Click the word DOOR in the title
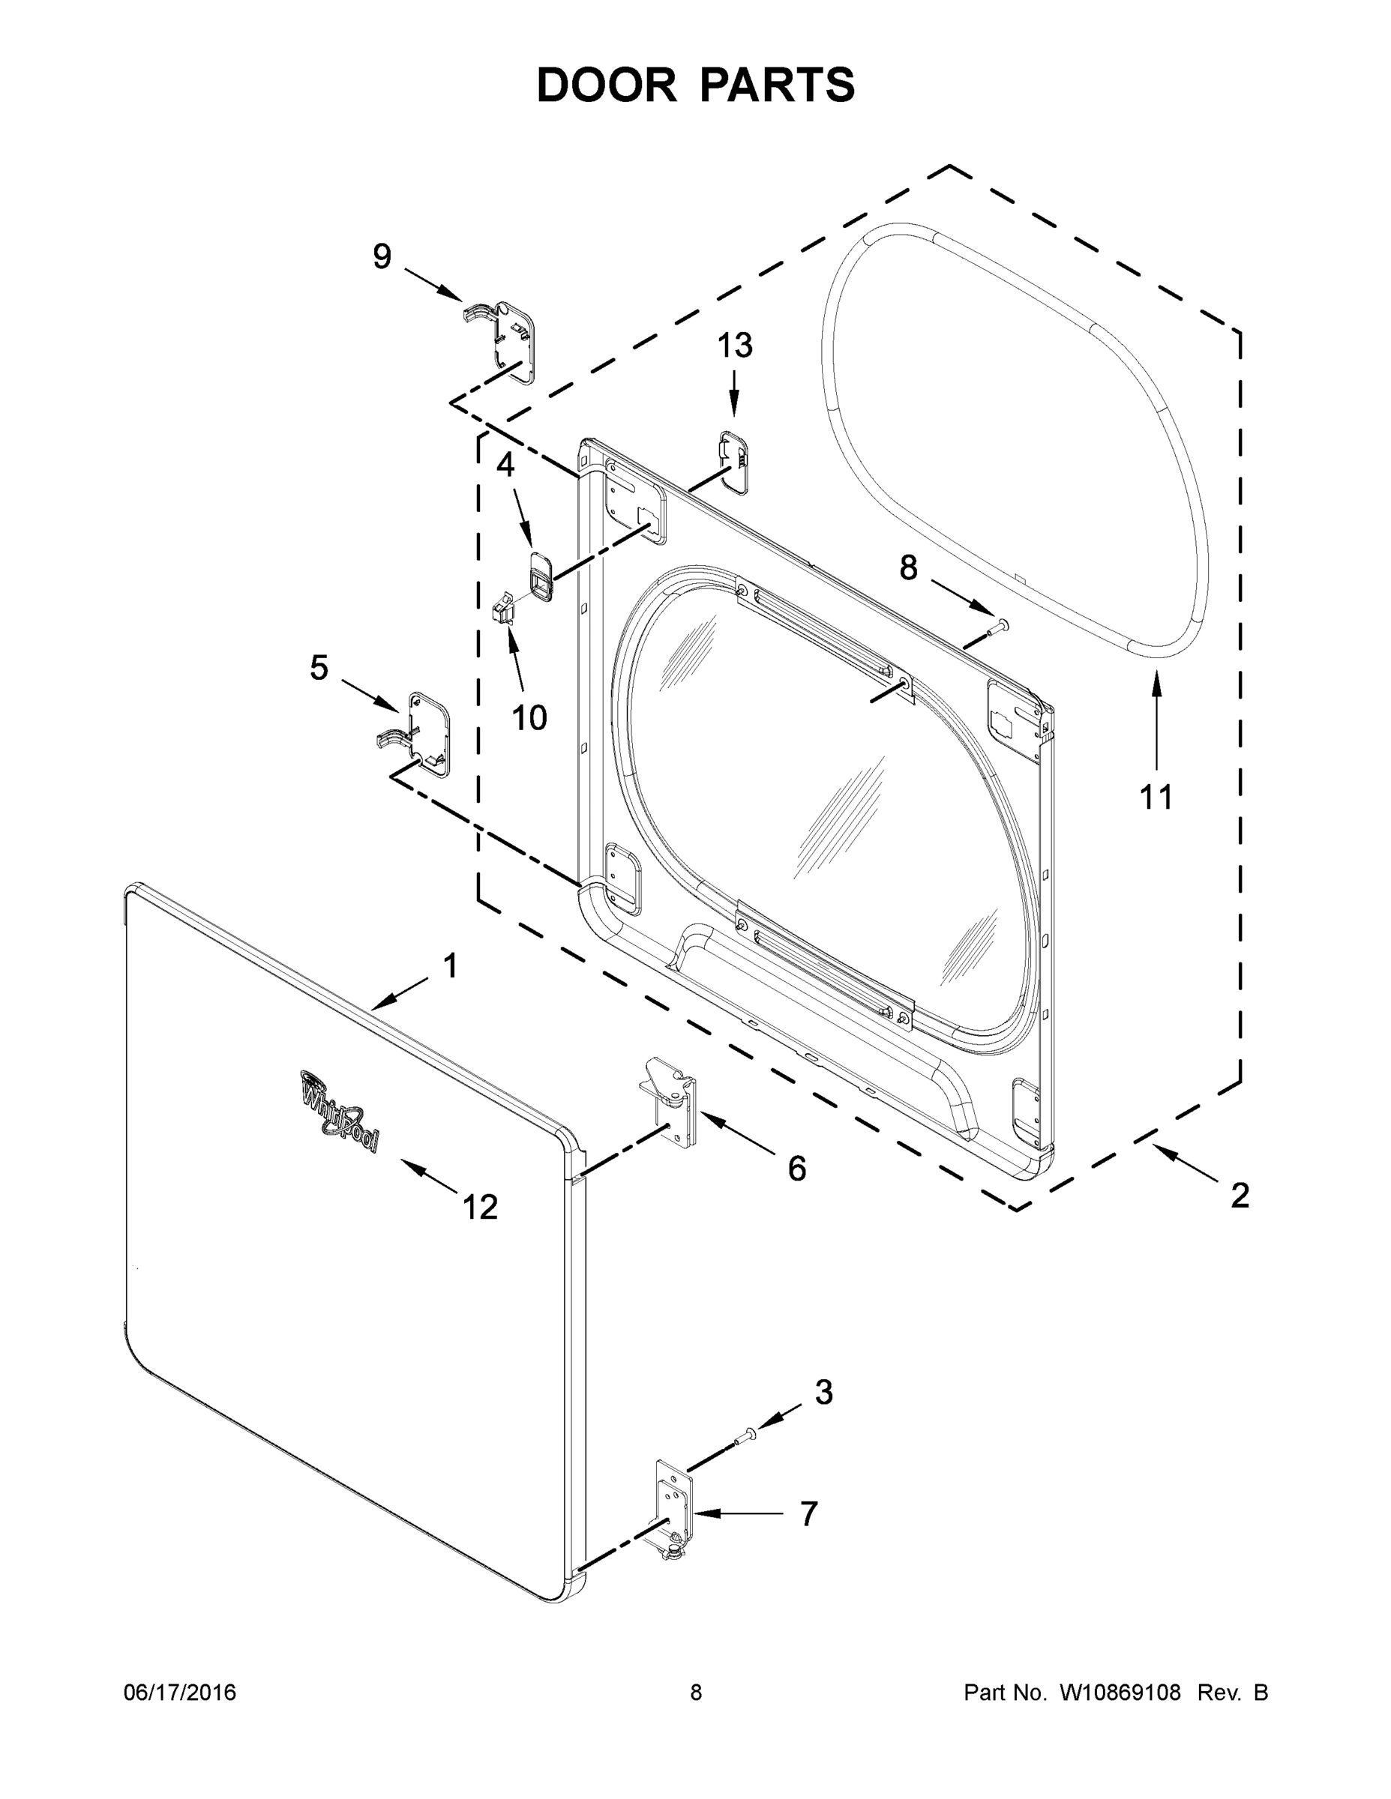607,85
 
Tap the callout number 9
382,257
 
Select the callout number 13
734,346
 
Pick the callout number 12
481,1208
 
